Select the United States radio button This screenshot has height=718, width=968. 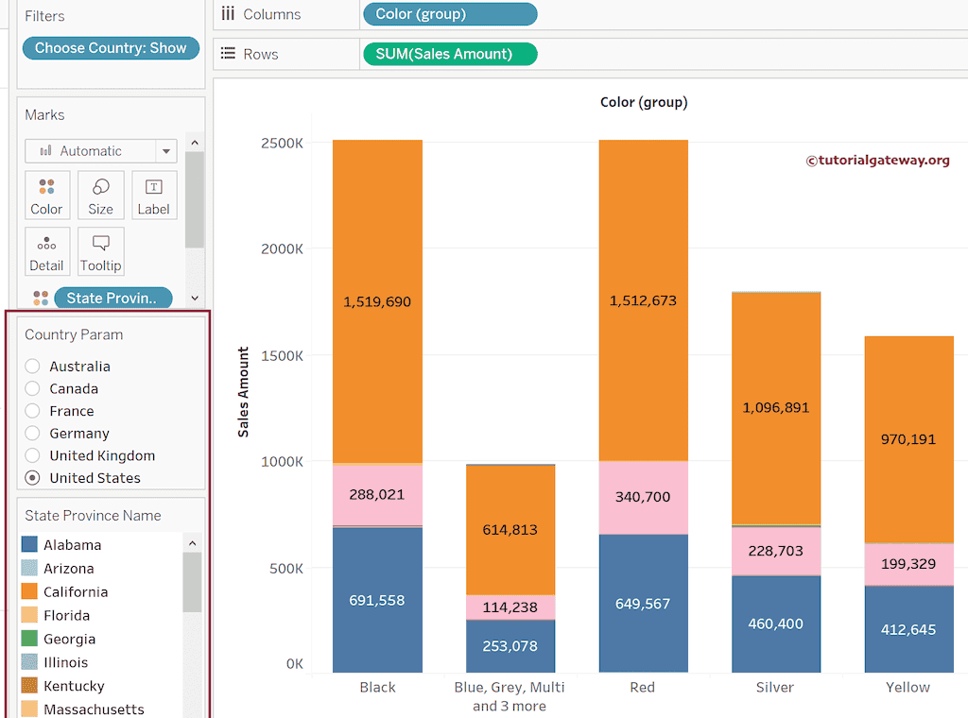pyautogui.click(x=33, y=478)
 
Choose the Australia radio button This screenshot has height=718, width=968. pyautogui.click(x=33, y=367)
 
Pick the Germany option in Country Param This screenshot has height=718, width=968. pyautogui.click(x=33, y=434)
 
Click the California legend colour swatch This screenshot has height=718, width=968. pyautogui.click(x=29, y=592)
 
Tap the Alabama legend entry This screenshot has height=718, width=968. pyautogui.click(x=72, y=545)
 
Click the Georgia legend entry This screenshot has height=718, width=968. pyautogui.click(x=69, y=639)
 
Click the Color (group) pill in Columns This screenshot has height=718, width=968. pyautogui.click(x=449, y=14)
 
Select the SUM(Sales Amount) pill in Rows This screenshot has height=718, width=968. pyautogui.click(x=449, y=54)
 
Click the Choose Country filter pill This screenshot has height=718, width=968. pyautogui.click(x=111, y=48)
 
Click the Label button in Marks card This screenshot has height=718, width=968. pyautogui.click(x=153, y=196)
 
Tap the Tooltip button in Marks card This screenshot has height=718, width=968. pyautogui.click(x=100, y=252)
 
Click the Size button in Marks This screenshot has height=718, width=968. pyautogui.click(x=100, y=196)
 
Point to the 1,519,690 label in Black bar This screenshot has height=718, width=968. pyautogui.click(x=377, y=302)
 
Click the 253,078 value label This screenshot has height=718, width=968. pyautogui.click(x=510, y=646)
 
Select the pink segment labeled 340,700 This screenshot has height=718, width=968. pyautogui.click(x=643, y=497)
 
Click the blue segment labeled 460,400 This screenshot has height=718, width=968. pyautogui.click(x=776, y=624)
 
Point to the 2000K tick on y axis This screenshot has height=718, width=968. pyautogui.click(x=283, y=249)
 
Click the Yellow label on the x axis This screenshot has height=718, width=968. pyautogui.click(x=907, y=688)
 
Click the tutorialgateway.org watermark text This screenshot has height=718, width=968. pyautogui.click(x=877, y=161)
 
